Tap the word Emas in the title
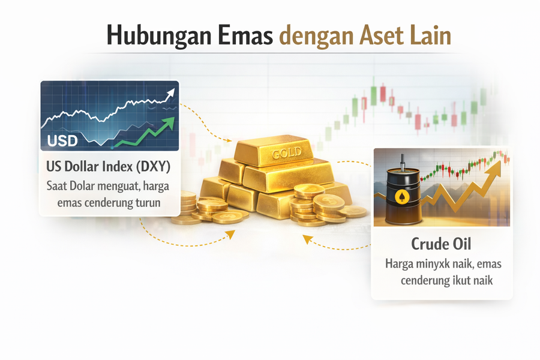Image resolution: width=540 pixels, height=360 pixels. coord(245,35)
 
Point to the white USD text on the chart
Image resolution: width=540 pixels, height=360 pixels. coord(62,140)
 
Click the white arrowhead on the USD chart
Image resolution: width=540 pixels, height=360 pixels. coord(171,93)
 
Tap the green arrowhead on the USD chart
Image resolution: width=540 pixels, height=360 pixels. coord(169,123)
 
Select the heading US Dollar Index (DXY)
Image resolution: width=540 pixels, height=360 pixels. coord(109,166)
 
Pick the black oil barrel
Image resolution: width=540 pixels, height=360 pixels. coord(403,196)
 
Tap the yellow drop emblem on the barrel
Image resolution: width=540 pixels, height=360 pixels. coord(401,196)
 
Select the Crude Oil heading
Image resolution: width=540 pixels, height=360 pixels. coord(441,244)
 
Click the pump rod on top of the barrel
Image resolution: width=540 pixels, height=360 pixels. coord(401,162)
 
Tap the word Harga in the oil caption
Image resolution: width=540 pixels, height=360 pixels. coord(399,265)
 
